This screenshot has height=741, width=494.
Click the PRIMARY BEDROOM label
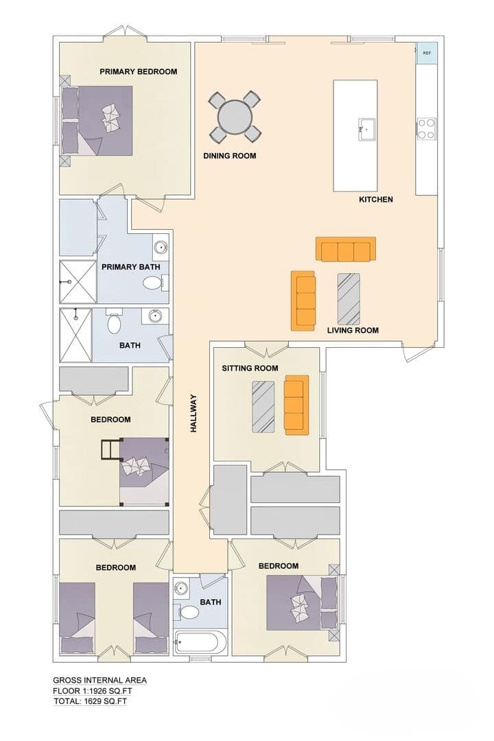coord(138,72)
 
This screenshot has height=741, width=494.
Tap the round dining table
coord(235,117)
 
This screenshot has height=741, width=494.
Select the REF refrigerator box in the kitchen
coord(426,53)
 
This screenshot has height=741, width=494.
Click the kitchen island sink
coord(366,129)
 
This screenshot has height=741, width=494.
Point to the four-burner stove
coord(426,128)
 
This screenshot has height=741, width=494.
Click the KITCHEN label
coord(376,200)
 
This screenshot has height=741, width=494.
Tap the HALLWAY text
coord(193,414)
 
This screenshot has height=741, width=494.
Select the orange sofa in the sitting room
coord(296,405)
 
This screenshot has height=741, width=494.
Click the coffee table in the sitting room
coord(263,406)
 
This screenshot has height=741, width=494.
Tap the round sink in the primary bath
coord(161,246)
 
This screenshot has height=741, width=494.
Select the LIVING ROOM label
coord(353,330)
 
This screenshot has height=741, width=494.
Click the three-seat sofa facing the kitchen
coord(346,249)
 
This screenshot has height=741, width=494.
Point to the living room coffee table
coord(349,297)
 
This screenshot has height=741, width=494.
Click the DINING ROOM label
coord(230,156)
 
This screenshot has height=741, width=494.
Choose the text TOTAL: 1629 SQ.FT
coord(90,701)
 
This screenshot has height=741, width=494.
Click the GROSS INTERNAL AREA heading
coord(99,681)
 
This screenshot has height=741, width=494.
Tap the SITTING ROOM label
coord(250,368)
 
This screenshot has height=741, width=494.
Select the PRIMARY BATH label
coord(131,267)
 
